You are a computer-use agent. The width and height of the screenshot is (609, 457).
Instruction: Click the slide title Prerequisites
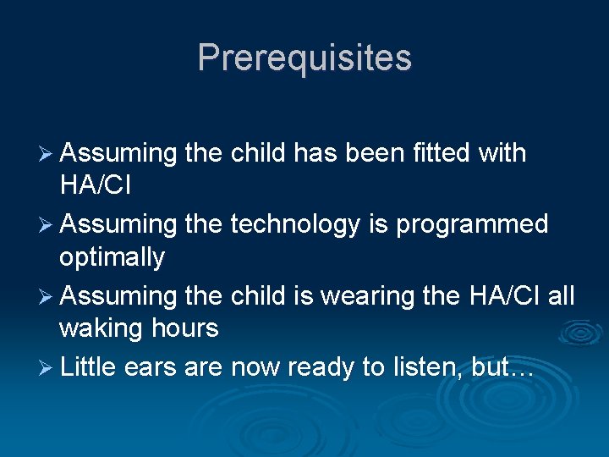(x=304, y=58)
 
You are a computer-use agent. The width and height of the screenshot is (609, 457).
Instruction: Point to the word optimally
(x=112, y=257)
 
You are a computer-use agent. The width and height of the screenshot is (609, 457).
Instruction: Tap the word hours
(x=187, y=328)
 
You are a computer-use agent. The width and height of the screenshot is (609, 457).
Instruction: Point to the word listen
(x=431, y=366)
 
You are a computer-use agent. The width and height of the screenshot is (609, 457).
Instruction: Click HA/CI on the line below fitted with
(x=95, y=185)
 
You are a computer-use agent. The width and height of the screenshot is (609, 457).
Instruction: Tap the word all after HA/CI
(x=559, y=295)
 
